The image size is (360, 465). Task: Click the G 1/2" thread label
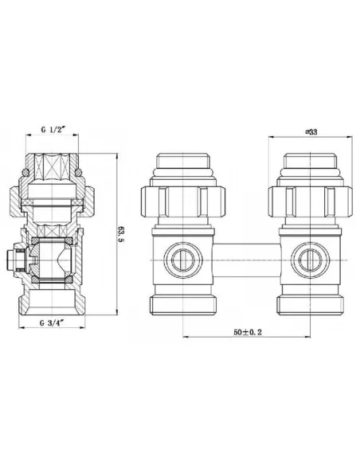pyautogui.click(x=57, y=130)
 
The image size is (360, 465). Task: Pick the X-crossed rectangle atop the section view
pyautogui.click(x=57, y=170)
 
